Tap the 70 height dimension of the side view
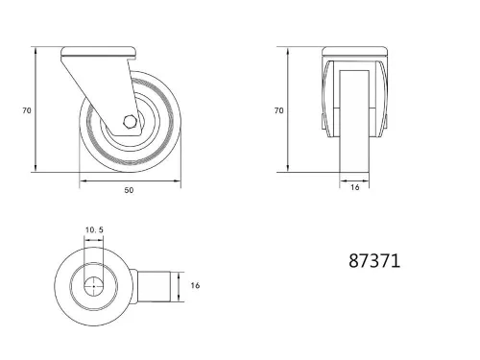(27, 110)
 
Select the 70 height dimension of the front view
(278, 110)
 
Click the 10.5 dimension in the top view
(94, 230)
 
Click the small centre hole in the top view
(94, 286)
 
